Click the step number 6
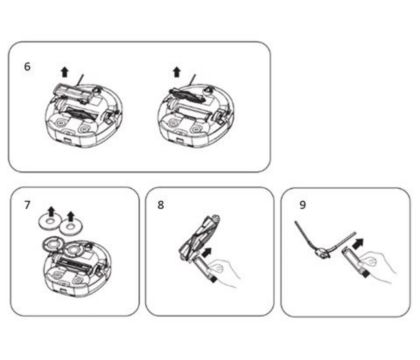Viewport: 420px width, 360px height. coord(27,67)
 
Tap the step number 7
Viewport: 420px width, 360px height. coord(27,205)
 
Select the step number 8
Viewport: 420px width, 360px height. coord(161,205)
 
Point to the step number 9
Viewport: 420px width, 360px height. coord(302,205)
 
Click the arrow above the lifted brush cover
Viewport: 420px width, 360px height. coord(65,72)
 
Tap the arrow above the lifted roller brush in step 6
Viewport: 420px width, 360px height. coord(177,72)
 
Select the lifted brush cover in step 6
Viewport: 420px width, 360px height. coord(72,93)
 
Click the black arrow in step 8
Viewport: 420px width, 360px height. coord(207,252)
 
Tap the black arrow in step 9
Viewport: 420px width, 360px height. coord(358,243)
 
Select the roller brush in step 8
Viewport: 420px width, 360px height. coord(200,237)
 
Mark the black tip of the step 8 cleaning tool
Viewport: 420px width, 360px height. coord(212,279)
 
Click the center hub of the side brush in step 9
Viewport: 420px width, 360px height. coord(322,254)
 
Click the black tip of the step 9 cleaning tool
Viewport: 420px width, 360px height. coord(366,274)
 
